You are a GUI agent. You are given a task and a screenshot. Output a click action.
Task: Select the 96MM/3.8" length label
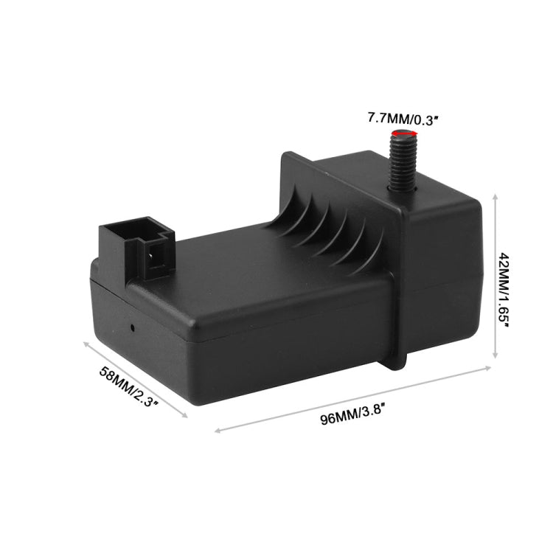click(x=352, y=419)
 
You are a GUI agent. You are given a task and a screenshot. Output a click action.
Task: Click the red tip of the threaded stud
click(x=401, y=133)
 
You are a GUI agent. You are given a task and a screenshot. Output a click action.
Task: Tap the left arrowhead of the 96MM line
click(x=217, y=432)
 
